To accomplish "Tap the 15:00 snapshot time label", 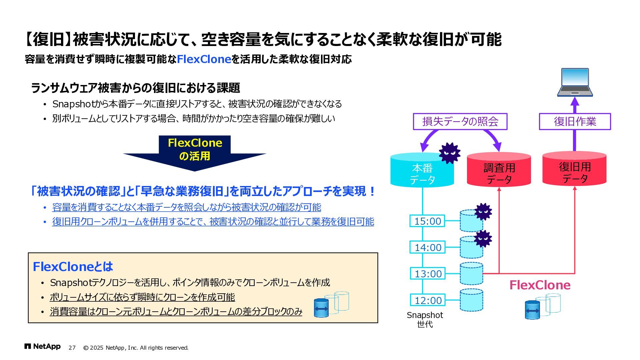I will click(x=427, y=221).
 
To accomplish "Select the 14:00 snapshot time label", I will click(x=427, y=247).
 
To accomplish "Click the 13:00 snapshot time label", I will click(x=427, y=274).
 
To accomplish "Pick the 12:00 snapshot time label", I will click(x=427, y=300).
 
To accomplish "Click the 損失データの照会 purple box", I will click(x=460, y=121).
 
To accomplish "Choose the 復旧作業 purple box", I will click(x=575, y=121).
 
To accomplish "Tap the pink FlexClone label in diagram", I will click(x=540, y=285).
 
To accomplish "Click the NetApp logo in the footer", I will click(x=42, y=347).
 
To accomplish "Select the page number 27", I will click(x=72, y=348).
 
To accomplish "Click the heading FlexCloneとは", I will click(x=73, y=267).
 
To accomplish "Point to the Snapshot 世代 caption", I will click(x=425, y=319).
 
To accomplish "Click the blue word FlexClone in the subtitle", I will click(x=204, y=59).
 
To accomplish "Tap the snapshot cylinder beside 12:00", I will click(x=471, y=300).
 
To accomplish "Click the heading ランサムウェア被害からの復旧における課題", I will click(x=135, y=88).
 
